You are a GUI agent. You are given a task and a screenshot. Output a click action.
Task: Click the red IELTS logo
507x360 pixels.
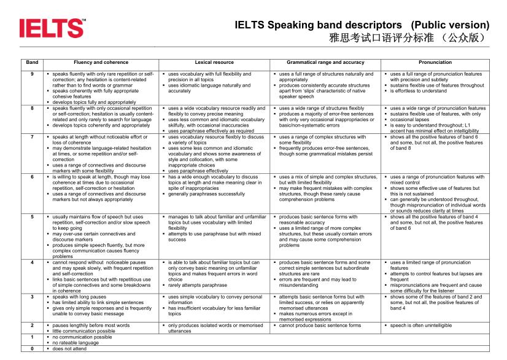(52, 28)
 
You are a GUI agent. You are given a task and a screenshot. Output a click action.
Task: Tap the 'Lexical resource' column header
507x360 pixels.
(214, 62)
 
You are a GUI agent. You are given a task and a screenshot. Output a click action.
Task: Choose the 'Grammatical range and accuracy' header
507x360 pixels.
(325, 62)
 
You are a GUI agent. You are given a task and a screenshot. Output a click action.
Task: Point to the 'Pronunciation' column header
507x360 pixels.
(435, 62)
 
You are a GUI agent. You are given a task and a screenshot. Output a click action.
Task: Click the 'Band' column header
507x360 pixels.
(32, 62)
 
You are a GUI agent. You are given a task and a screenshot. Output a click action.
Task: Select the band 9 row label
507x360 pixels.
(32, 74)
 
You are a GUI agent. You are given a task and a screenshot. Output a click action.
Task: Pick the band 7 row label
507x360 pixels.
(32, 136)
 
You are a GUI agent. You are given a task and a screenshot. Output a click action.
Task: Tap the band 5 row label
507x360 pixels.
(32, 217)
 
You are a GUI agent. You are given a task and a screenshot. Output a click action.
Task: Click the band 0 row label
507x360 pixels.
(32, 348)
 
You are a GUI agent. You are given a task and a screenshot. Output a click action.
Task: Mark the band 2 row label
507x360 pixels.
(32, 325)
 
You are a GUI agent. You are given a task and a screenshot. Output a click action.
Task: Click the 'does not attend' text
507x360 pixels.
(69, 348)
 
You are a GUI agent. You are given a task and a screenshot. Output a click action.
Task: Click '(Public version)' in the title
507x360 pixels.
(451, 25)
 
